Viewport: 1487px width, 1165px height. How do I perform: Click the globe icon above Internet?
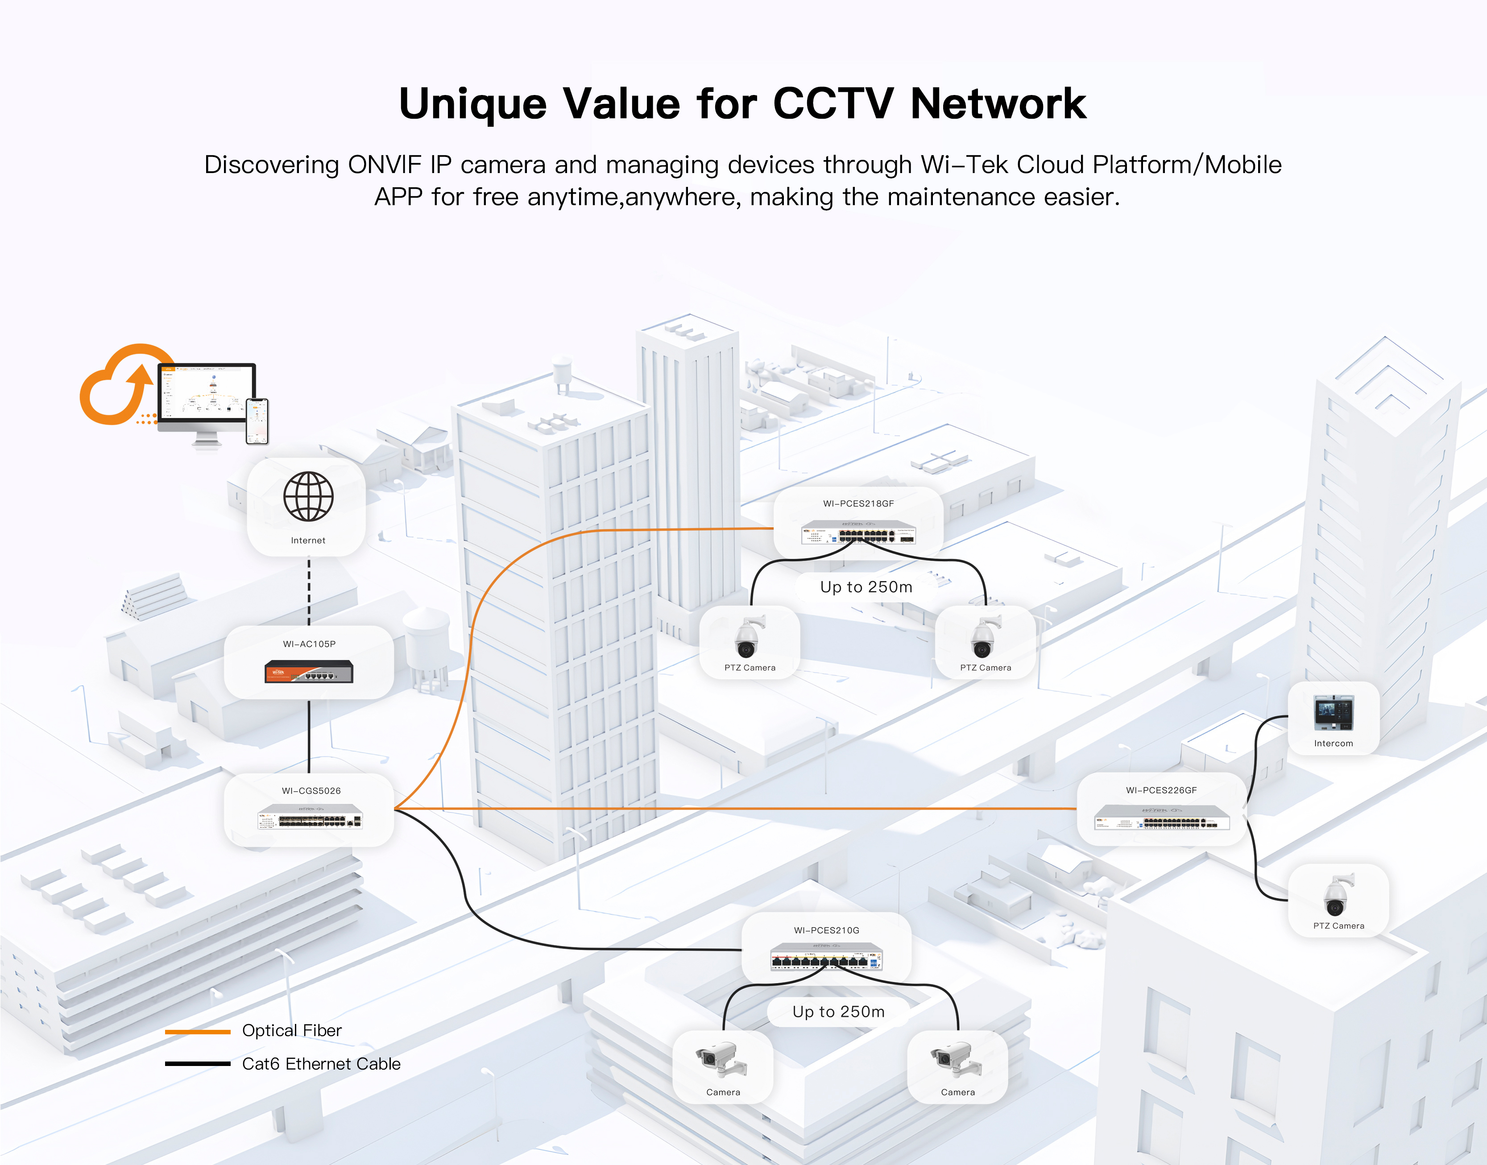click(308, 496)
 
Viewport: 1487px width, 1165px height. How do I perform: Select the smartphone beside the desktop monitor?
click(257, 421)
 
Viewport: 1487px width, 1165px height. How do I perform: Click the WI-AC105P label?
click(309, 644)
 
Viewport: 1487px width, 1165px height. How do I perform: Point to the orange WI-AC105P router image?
click(309, 672)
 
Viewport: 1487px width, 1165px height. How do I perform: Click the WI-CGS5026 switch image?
click(310, 817)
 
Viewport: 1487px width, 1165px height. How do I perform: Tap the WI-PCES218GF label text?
click(858, 504)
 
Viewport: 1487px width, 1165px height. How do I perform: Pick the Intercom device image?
click(1334, 713)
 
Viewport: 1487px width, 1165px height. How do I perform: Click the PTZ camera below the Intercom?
click(1337, 895)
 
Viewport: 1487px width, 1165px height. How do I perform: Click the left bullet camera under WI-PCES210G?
click(722, 1059)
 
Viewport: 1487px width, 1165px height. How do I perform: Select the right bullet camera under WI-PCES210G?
click(957, 1059)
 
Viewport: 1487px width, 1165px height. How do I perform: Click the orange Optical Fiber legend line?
click(197, 1031)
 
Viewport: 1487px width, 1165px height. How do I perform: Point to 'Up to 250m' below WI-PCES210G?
click(838, 1012)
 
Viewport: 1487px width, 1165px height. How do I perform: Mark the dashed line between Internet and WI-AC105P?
click(309, 591)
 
